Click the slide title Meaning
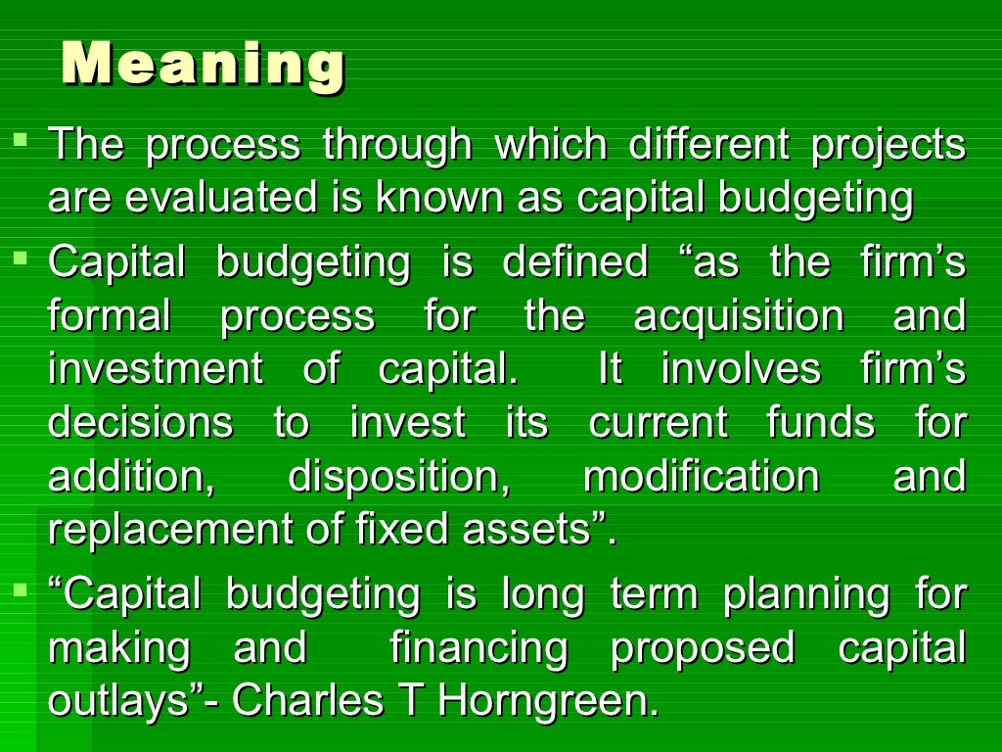(x=203, y=66)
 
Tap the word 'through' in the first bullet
(x=397, y=145)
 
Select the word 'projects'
(x=888, y=145)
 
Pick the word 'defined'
(x=575, y=262)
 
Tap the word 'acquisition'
(x=738, y=316)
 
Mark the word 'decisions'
(x=141, y=423)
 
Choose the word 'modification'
(x=701, y=477)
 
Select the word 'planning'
(x=806, y=594)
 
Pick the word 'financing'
(x=478, y=647)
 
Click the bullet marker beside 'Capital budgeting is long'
(x=21, y=589)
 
